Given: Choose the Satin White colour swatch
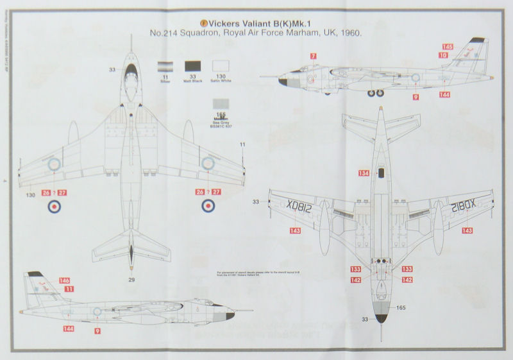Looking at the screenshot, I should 221,66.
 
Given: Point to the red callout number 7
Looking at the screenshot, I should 313,56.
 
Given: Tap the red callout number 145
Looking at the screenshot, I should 448,47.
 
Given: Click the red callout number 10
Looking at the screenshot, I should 442,56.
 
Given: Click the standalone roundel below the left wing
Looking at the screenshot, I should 54,207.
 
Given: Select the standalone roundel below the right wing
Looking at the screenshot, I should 209,207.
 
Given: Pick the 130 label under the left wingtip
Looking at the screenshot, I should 29,194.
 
